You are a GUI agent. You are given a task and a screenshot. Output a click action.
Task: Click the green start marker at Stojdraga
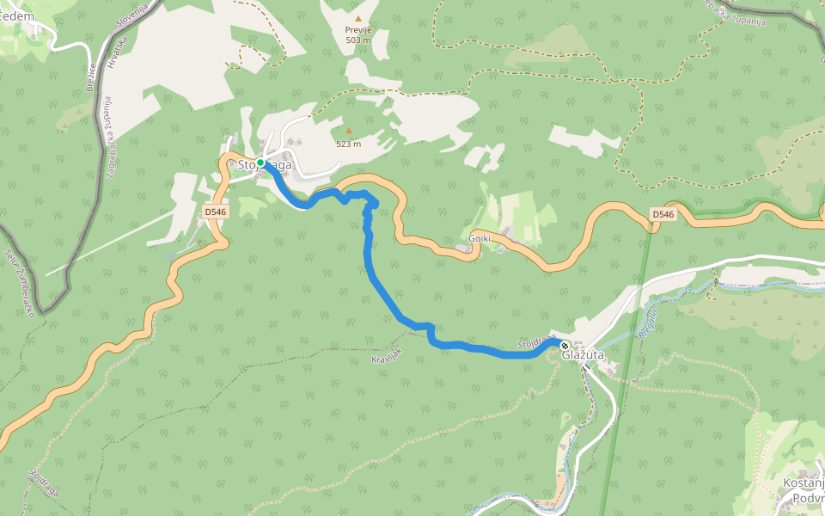click(x=260, y=162)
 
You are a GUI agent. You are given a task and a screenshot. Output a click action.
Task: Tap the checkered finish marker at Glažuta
click(x=565, y=345)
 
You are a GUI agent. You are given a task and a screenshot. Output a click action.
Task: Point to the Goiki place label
click(x=480, y=238)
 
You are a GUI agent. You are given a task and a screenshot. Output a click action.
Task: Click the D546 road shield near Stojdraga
click(x=216, y=211)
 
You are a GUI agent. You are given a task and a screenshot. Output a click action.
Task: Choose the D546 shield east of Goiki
click(x=663, y=214)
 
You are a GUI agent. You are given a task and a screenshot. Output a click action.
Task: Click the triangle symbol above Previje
click(x=358, y=17)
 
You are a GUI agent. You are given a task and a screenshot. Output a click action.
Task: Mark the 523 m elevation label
click(x=348, y=144)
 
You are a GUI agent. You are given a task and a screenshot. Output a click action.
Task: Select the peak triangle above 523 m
click(x=348, y=131)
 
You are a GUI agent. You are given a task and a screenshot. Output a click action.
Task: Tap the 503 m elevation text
click(x=358, y=40)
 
